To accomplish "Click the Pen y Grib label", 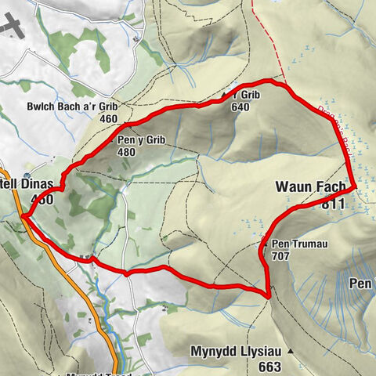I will click(x=139, y=142).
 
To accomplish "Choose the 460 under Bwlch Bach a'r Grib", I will click(x=109, y=119).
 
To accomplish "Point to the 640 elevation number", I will click(x=240, y=107).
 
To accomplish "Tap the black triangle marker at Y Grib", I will click(x=225, y=96).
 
